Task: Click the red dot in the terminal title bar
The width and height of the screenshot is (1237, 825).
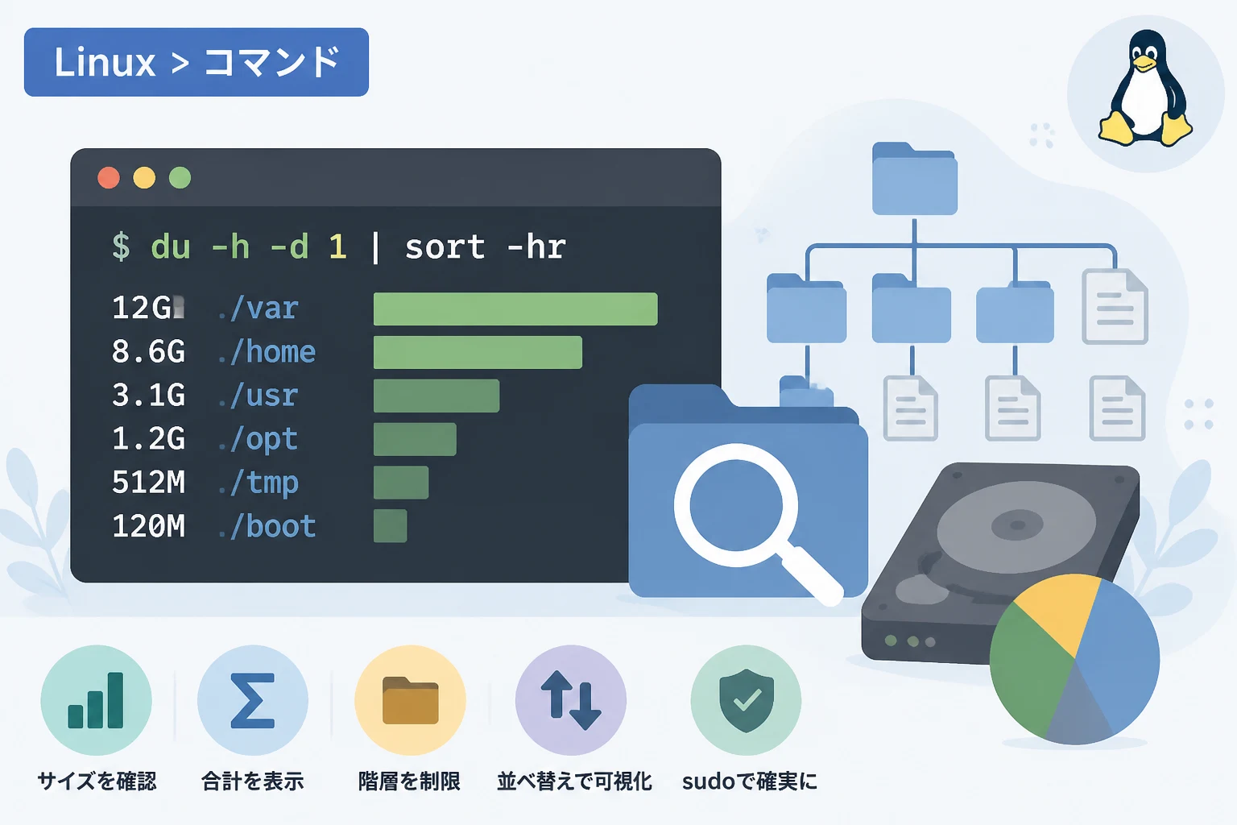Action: point(109,178)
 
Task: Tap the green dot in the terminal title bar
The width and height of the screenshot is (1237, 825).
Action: point(180,178)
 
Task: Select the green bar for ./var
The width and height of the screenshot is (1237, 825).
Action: point(515,309)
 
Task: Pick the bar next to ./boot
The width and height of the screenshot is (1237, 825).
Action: point(391,525)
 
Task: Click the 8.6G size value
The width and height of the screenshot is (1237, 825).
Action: point(148,352)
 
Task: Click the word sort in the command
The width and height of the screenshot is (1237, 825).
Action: point(445,247)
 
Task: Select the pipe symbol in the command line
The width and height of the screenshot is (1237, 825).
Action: point(376,247)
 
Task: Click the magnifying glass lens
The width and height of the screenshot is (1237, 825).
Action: point(736,505)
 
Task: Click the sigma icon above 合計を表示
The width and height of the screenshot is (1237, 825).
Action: point(253,700)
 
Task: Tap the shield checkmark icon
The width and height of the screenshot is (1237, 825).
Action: point(746,700)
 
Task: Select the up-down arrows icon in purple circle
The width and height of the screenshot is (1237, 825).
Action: point(571,699)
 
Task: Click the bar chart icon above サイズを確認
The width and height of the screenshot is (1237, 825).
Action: point(96,700)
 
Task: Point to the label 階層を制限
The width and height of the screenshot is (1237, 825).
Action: point(409,781)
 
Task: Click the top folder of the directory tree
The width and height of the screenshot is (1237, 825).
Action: point(915,179)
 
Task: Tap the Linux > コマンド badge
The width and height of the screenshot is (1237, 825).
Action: point(197,62)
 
